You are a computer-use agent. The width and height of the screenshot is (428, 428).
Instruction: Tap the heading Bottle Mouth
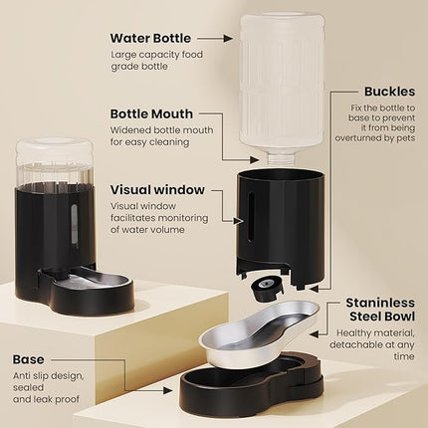coord(151,114)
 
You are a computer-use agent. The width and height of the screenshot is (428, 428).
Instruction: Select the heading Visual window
coord(157,188)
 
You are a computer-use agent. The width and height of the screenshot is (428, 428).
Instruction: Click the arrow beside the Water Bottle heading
coord(221,39)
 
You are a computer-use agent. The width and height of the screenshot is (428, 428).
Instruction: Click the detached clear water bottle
coord(282,80)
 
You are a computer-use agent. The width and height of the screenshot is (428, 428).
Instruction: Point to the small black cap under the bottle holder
coord(264,288)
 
